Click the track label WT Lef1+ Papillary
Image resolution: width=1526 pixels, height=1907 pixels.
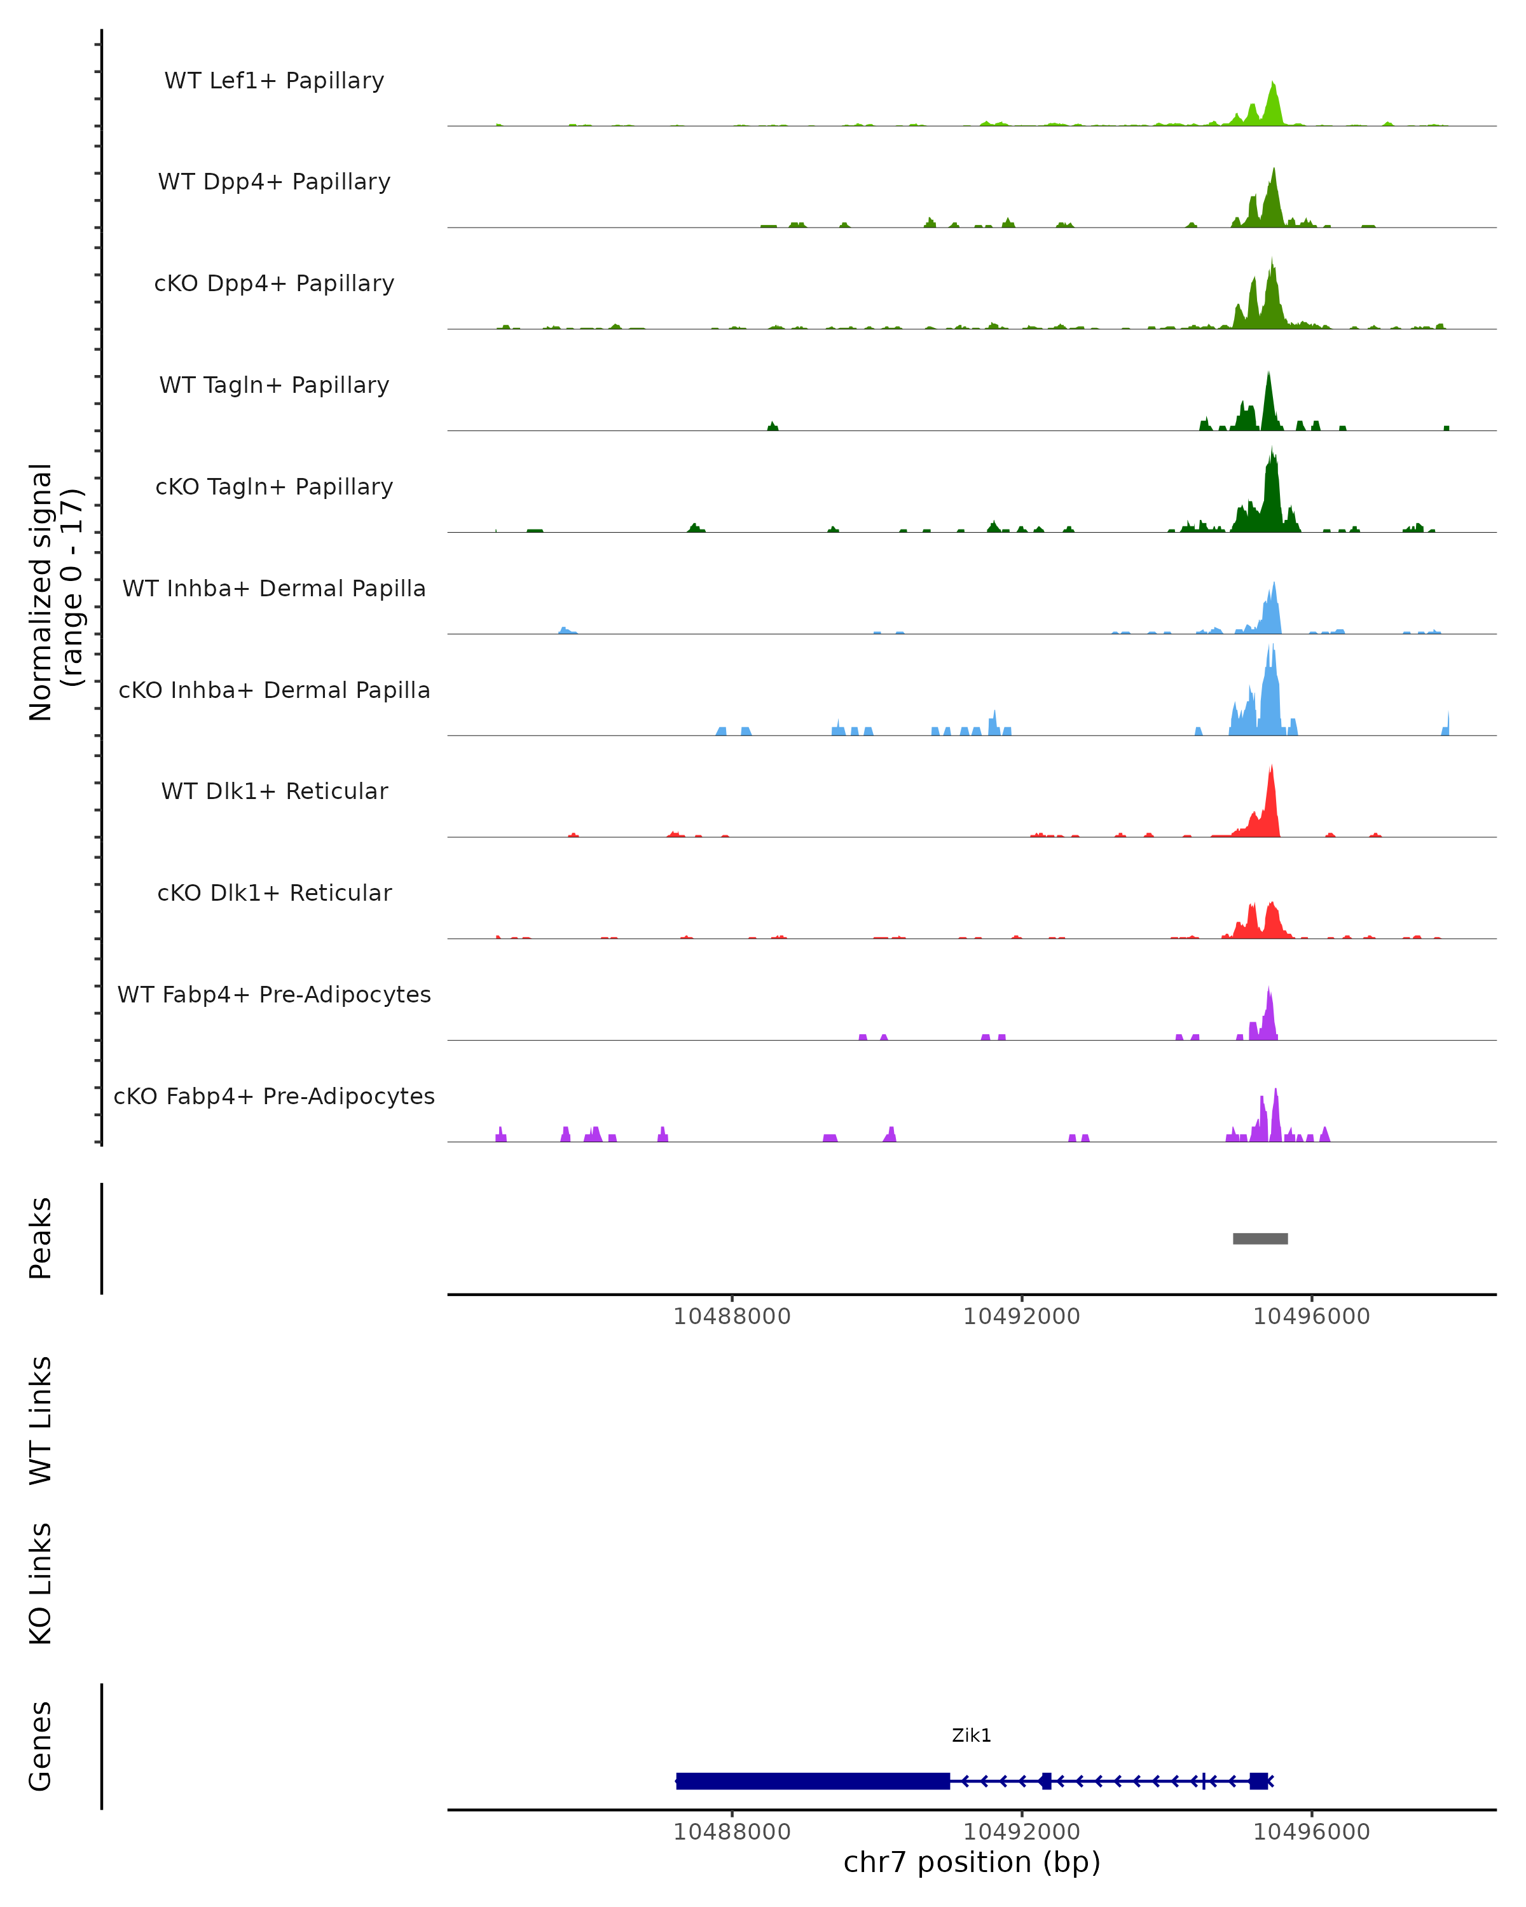274,81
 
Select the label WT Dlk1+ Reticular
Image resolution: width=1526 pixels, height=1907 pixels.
274,791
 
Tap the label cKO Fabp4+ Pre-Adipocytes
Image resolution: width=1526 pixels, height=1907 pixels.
274,1096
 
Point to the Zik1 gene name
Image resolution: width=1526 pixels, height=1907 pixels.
972,1735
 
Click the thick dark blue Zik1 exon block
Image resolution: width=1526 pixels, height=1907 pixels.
812,1781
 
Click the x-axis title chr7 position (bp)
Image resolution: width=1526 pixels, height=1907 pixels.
972,1862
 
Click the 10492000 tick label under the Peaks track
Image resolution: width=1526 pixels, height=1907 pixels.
1022,1316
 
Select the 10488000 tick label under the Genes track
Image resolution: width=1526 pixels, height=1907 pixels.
732,1832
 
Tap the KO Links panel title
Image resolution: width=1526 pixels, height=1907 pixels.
41,1584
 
